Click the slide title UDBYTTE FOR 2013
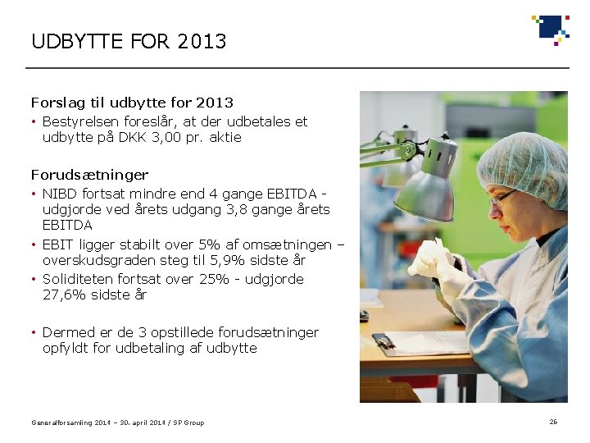[x=129, y=41]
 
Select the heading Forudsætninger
[x=90, y=175]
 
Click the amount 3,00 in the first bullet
[x=167, y=138]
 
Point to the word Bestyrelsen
[x=80, y=121]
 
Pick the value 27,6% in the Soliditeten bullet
[x=63, y=295]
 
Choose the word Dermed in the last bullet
[x=68, y=332]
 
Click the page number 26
[x=553, y=422]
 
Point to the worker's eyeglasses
[x=501, y=197]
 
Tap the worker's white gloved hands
[x=434, y=263]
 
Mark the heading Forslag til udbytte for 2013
[x=132, y=103]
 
